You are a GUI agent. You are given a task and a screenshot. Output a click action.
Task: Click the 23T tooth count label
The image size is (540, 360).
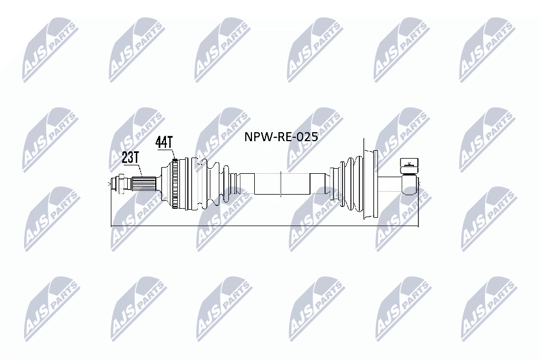tap(130, 157)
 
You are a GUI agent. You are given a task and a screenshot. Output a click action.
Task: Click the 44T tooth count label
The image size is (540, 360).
tap(164, 142)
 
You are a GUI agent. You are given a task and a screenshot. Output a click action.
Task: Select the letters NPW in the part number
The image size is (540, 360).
tap(256, 137)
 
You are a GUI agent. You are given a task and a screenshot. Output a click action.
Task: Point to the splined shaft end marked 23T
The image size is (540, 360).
tap(145, 183)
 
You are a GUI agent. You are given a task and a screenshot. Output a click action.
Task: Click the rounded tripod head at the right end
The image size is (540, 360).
tap(411, 183)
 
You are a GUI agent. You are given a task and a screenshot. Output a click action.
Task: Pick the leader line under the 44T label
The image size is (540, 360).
tap(172, 155)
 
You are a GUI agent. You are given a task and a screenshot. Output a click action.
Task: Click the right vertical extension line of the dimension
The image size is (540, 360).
tap(418, 208)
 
